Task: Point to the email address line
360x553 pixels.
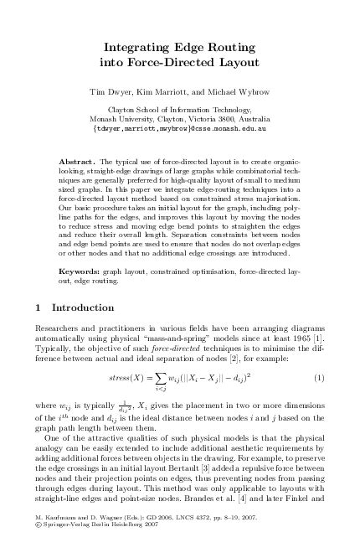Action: coord(180,128)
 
